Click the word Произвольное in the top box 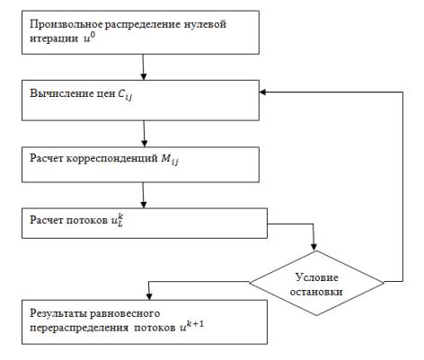(x=66, y=24)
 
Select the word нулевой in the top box (x=205, y=24)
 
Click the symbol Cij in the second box (x=125, y=94)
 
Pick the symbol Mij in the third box (x=170, y=159)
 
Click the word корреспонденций (x=112, y=159)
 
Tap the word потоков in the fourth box (x=86, y=220)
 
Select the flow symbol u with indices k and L (x=117, y=220)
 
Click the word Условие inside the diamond (x=317, y=277)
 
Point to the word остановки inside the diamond (x=316, y=292)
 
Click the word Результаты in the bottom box (x=58, y=314)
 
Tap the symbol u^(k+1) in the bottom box (x=191, y=326)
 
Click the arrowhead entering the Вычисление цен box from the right (x=262, y=92)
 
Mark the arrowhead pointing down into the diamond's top (x=314, y=247)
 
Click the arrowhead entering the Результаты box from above (x=149, y=296)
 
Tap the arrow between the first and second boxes (x=143, y=67)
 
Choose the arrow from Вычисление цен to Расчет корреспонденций (x=145, y=134)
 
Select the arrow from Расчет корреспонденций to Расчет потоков (x=144, y=195)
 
